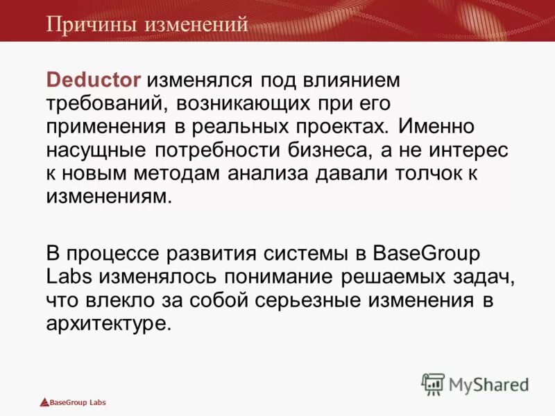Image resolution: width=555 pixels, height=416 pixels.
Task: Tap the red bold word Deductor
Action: pos(94,80)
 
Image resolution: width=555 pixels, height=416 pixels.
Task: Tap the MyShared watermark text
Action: pos(489,383)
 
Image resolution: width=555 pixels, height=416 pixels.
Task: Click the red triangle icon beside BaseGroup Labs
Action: pos(44,402)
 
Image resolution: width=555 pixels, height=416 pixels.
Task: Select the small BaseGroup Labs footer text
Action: pos(78,402)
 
